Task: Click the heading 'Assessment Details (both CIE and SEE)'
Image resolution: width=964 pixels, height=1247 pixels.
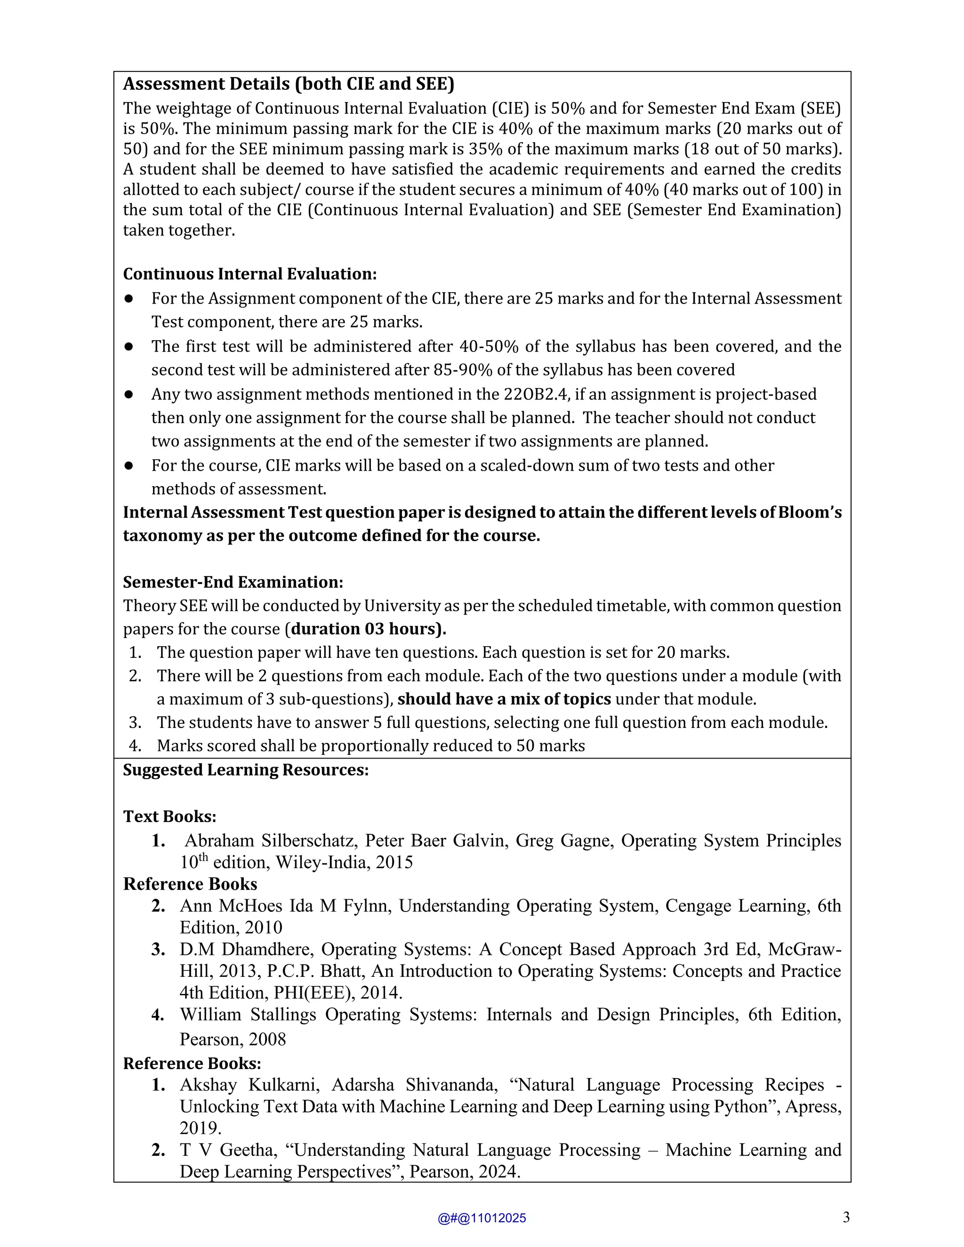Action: click(x=289, y=84)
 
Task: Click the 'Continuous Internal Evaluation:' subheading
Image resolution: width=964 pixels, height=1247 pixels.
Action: click(x=249, y=274)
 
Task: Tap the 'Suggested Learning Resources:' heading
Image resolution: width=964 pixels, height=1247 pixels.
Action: click(x=246, y=770)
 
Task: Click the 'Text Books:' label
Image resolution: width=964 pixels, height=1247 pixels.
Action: click(x=169, y=816)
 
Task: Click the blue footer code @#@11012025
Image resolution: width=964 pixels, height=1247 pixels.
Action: click(x=482, y=1218)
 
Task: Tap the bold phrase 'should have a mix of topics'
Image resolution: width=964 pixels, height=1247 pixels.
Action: click(x=504, y=699)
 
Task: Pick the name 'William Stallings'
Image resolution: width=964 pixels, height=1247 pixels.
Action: click(x=248, y=1014)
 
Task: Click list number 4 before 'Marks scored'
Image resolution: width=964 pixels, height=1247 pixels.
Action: click(x=135, y=746)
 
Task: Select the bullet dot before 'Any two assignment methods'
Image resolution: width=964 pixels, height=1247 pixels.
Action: click(x=129, y=394)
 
